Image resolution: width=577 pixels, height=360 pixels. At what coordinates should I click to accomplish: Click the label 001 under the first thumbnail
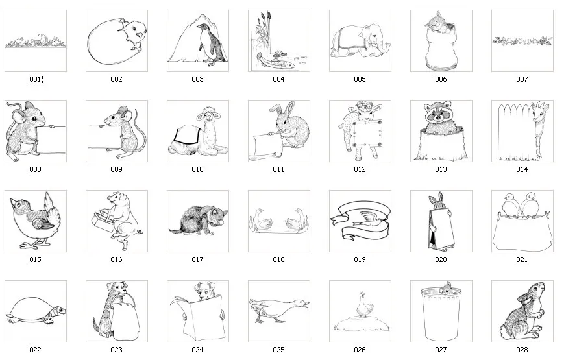35,80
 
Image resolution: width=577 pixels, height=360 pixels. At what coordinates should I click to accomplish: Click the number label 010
197,170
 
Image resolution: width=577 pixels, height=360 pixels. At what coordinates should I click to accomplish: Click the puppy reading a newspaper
197,311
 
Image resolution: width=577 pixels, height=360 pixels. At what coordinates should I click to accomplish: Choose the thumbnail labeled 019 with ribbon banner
360,221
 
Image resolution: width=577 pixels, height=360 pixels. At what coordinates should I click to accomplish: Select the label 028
522,350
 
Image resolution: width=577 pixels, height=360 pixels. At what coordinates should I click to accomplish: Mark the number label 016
116,259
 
